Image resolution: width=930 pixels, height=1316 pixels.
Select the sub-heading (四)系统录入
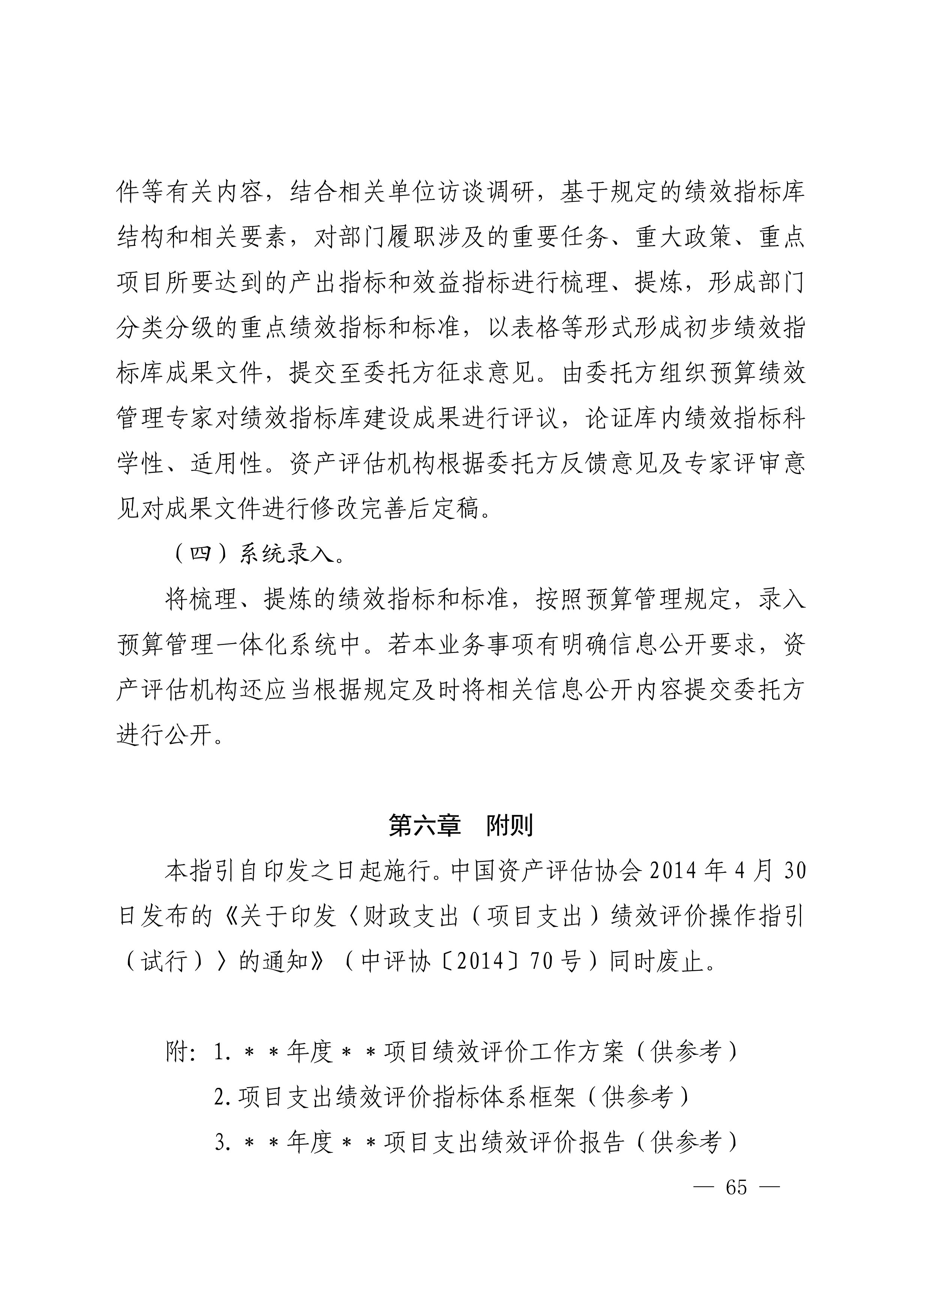258,554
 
